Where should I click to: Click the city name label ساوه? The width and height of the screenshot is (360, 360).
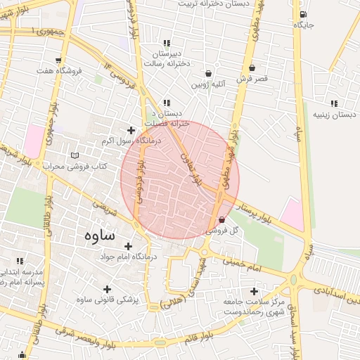98,235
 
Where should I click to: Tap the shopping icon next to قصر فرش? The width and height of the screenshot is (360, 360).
252,68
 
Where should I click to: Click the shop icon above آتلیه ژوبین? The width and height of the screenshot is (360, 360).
209,74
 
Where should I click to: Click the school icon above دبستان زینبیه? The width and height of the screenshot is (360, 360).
333,103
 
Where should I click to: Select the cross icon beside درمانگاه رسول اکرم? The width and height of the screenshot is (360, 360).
130,130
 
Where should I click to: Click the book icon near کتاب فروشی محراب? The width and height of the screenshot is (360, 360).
75,155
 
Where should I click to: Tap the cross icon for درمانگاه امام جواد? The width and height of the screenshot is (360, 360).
128,246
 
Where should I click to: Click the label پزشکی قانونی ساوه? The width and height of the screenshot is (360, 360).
108,300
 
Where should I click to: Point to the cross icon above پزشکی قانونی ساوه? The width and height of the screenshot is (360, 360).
107,289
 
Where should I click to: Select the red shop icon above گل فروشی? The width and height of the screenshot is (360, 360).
222,219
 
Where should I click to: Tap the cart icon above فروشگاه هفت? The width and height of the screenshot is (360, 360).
58,60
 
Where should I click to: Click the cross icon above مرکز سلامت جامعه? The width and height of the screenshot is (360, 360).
254,291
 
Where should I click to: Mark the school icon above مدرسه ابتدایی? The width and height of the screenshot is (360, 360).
20,261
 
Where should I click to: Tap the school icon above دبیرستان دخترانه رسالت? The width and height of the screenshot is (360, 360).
166,43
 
